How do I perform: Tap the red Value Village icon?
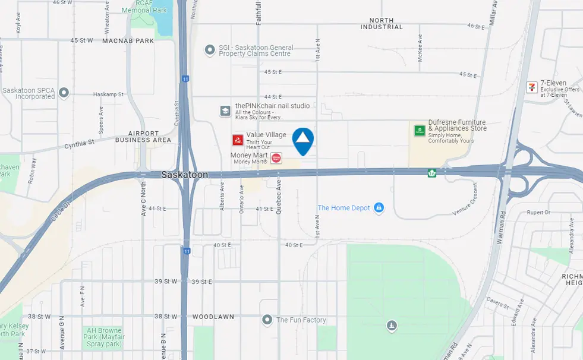(238, 140)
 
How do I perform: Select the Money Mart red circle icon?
(276, 158)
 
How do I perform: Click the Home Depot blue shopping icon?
(379, 208)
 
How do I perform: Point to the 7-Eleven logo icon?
(532, 87)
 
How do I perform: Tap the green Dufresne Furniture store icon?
(420, 130)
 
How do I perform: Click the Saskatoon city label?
(184, 175)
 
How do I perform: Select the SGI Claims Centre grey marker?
(209, 50)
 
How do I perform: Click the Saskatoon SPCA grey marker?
(64, 93)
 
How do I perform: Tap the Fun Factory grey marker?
(267, 320)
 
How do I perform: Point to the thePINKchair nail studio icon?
(225, 110)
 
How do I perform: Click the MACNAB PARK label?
(128, 41)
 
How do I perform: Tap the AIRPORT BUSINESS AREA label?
(143, 137)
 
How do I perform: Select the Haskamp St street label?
(108, 94)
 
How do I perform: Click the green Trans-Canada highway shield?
(432, 173)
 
